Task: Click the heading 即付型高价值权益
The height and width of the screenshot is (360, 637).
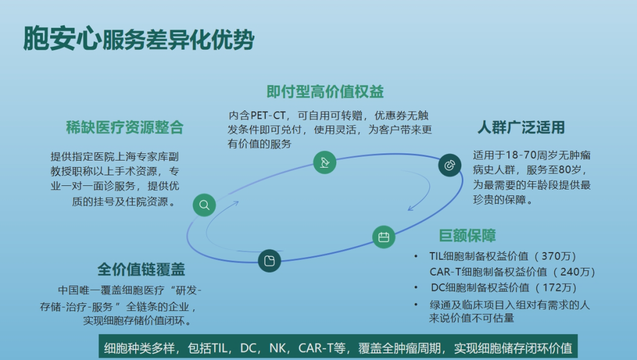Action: point(325,91)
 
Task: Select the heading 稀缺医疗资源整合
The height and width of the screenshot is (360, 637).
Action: point(125,127)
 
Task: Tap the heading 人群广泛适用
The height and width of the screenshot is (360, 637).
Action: point(521,127)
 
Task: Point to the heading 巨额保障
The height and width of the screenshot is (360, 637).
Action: point(467,235)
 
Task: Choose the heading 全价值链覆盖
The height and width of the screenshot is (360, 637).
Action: point(141,270)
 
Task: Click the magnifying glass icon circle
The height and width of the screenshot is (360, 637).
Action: point(204,205)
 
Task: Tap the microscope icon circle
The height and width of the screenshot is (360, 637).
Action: point(324,162)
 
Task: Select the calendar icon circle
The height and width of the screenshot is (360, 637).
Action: point(383,237)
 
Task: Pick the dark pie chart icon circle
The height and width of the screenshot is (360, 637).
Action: point(449,165)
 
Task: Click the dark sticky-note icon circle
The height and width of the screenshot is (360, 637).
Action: point(270,260)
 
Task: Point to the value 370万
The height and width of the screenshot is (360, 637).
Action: point(555,256)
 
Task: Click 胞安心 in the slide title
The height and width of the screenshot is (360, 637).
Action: point(62,38)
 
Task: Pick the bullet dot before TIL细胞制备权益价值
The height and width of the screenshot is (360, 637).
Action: point(416,256)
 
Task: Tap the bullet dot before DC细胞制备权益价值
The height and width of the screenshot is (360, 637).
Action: point(416,288)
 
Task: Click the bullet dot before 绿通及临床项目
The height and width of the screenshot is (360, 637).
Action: point(416,305)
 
